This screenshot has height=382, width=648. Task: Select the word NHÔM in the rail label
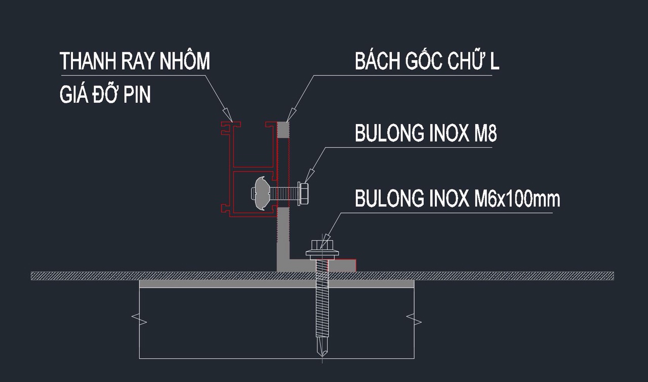pyautogui.click(x=184, y=61)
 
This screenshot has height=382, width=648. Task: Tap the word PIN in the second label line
pyautogui.click(x=137, y=95)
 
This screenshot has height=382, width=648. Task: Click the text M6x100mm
pyautogui.click(x=517, y=199)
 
